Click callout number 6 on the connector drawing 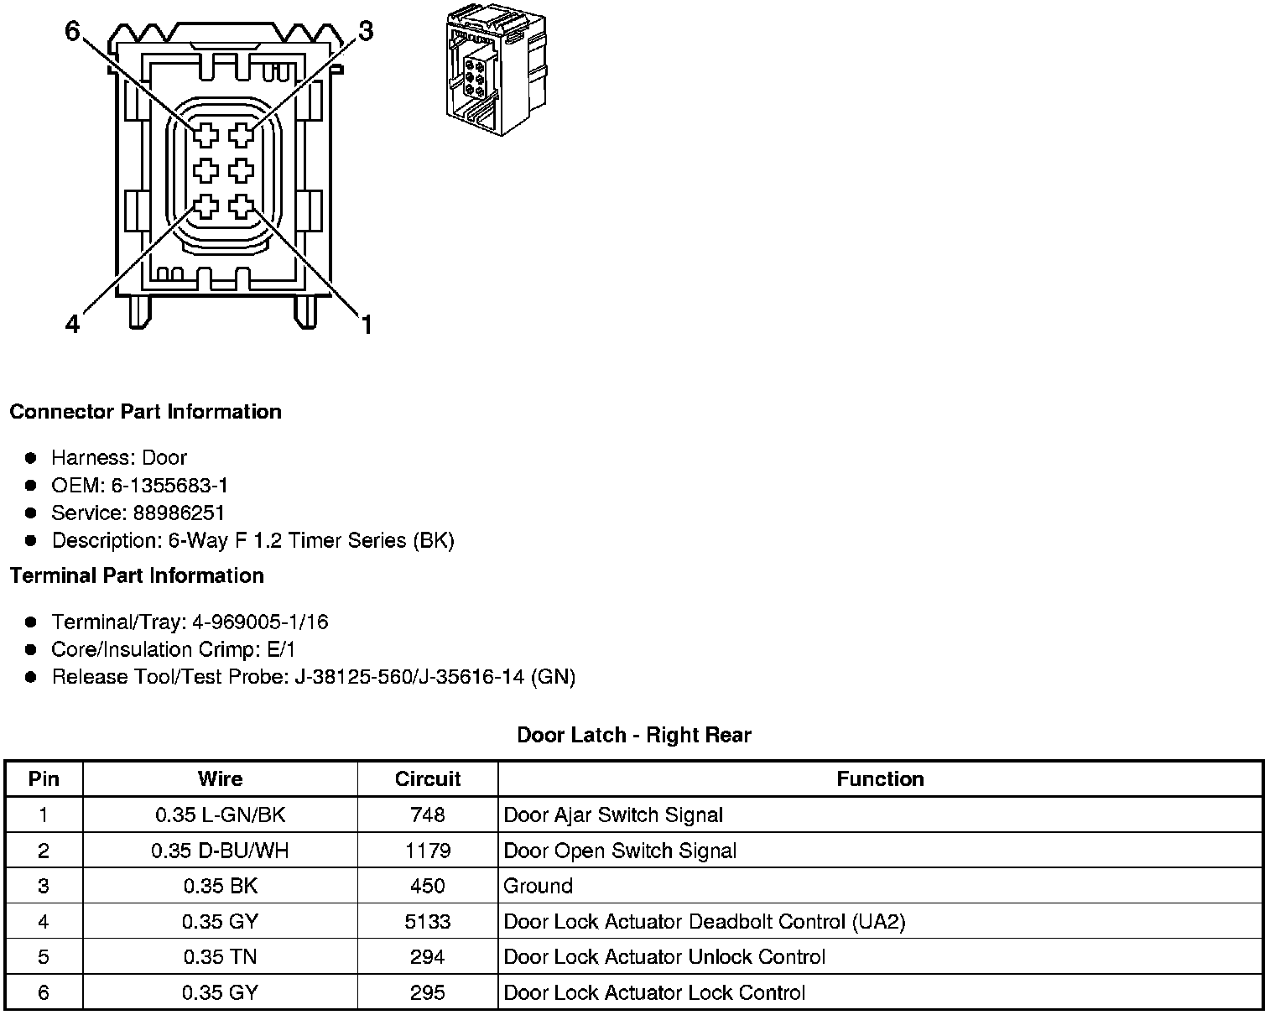click(x=72, y=32)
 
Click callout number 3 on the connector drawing click(x=366, y=32)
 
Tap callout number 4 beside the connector click(x=72, y=324)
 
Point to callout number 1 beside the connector click(x=366, y=324)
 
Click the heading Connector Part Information click(x=145, y=412)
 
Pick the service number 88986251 click(x=179, y=513)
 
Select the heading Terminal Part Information click(x=137, y=576)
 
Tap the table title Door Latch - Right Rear click(x=634, y=736)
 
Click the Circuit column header click(x=428, y=779)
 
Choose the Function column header click(x=880, y=779)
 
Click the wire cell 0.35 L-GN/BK click(x=220, y=815)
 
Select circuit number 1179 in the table click(x=428, y=851)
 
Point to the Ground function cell click(x=539, y=887)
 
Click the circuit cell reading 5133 click(x=428, y=922)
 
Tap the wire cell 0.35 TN click(x=220, y=958)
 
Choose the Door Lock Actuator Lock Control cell click(x=654, y=993)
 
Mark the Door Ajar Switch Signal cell click(x=613, y=815)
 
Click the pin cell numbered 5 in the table click(x=44, y=958)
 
